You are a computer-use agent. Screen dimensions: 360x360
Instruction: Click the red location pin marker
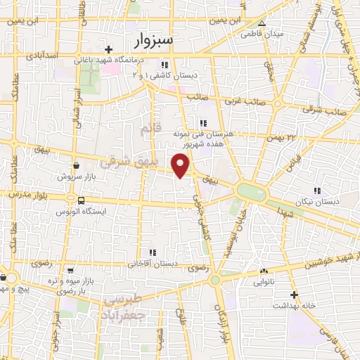[181, 165]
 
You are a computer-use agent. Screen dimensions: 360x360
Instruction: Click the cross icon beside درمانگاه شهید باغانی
[108, 49]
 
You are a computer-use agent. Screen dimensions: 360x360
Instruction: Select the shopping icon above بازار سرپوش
[76, 166]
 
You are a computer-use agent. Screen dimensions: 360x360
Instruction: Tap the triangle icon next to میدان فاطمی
[262, 23]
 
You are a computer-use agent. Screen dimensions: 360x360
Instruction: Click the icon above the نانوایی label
[264, 271]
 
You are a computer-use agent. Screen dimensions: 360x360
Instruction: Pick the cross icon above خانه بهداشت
[294, 295]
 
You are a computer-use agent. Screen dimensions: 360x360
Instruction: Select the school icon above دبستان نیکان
[317, 191]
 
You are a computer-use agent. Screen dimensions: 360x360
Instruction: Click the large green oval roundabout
[251, 191]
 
